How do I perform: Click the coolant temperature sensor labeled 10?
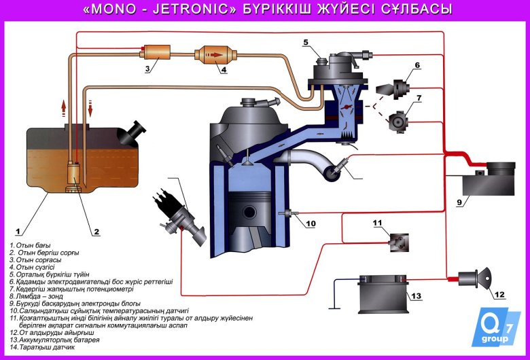[288, 215]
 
